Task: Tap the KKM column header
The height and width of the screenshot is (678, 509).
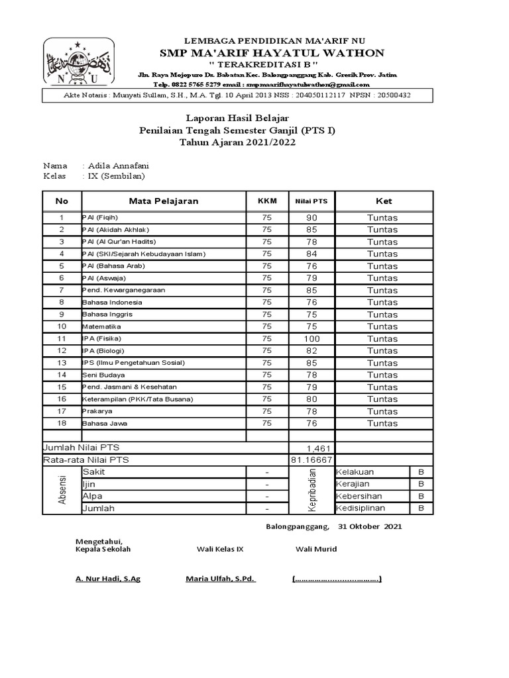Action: click(x=267, y=201)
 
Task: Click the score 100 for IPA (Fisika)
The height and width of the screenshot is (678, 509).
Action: click(x=311, y=338)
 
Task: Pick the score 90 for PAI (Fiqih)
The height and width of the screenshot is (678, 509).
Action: click(x=311, y=218)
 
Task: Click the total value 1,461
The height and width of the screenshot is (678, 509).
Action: click(x=318, y=448)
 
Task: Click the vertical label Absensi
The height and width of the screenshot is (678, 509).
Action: click(x=63, y=490)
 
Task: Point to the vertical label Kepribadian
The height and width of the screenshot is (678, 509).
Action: click(x=312, y=490)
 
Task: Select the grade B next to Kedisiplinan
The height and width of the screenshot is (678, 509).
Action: click(x=421, y=508)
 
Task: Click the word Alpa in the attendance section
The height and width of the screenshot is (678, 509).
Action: click(x=92, y=496)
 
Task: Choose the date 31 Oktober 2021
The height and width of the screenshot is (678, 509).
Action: click(x=369, y=527)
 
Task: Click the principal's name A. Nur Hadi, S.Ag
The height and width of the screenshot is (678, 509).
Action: click(x=107, y=579)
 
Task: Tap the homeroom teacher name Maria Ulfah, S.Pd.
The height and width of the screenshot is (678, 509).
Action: click(x=220, y=579)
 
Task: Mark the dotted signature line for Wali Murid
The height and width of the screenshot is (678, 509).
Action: click(x=337, y=579)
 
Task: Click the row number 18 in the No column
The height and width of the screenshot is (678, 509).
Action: click(x=62, y=423)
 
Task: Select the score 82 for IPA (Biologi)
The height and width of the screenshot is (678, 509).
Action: click(x=311, y=350)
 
